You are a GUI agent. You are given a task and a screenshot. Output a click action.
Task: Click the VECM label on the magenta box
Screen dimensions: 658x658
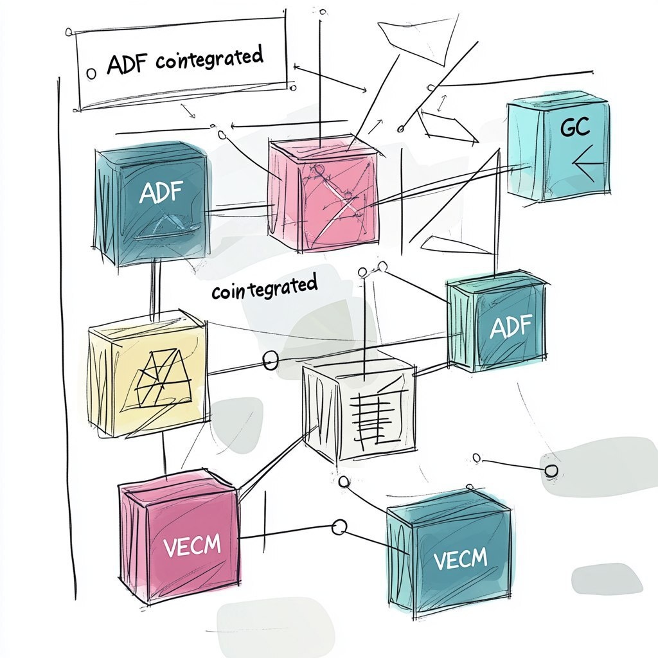click(192, 547)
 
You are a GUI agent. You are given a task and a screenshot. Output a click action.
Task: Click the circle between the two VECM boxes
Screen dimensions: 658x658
click(339, 528)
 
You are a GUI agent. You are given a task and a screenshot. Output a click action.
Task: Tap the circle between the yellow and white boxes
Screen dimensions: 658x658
click(271, 360)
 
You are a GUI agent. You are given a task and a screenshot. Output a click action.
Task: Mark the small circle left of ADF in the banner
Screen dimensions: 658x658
click(91, 73)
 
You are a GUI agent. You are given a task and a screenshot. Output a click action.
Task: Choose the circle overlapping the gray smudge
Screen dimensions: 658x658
click(551, 471)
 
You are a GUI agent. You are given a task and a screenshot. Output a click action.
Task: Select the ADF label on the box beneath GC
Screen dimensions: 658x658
click(511, 328)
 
